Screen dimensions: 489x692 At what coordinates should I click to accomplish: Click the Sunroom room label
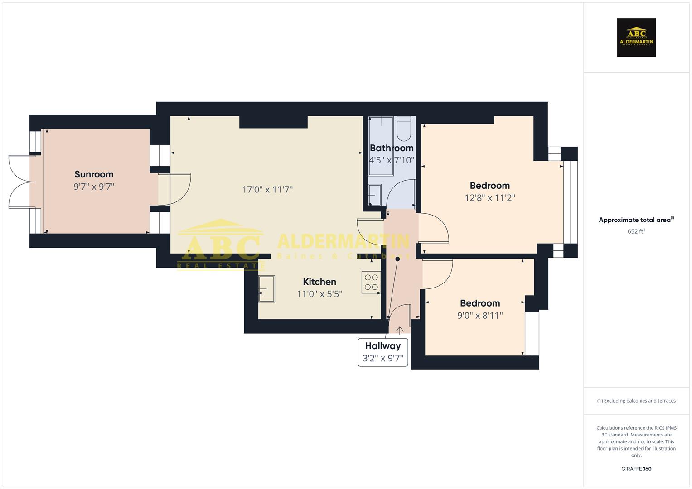[94, 174]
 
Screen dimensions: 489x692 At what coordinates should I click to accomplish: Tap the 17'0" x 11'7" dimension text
[267, 189]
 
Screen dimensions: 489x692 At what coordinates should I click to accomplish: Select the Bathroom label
[392, 148]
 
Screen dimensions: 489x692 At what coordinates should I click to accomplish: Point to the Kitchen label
[319, 282]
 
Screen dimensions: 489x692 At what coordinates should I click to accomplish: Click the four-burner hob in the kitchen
[371, 282]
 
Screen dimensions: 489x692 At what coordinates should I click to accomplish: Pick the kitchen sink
[266, 289]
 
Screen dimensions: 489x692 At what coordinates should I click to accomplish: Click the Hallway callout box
[383, 352]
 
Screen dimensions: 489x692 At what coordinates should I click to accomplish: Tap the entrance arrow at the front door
[400, 330]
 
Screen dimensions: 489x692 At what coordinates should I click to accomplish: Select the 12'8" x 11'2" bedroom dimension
[490, 198]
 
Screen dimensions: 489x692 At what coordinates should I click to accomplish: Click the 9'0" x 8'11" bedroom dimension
[480, 316]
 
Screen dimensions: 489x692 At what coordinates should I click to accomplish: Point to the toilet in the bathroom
[404, 129]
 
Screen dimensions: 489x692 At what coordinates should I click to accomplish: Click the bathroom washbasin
[375, 195]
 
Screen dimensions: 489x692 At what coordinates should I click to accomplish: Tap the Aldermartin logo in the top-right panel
[636, 38]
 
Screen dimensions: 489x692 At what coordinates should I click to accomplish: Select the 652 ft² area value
[636, 231]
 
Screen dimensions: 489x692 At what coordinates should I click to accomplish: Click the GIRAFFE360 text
[636, 469]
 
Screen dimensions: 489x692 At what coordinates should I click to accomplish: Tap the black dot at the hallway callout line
[398, 259]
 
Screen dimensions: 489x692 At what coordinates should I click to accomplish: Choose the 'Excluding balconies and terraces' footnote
[636, 401]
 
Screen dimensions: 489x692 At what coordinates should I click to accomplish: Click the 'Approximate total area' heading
[635, 220]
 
